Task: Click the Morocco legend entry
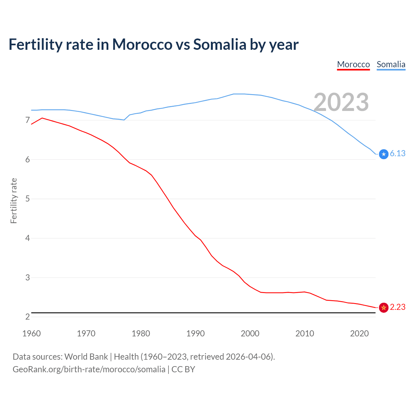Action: (353, 64)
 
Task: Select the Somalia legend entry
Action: (391, 64)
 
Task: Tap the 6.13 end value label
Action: (398, 153)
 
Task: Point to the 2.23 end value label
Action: (398, 307)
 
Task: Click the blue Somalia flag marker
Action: (384, 154)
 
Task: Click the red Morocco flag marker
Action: (384, 308)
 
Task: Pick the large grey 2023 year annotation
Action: (341, 102)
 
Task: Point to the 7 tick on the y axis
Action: (27, 120)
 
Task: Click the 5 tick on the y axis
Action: (27, 199)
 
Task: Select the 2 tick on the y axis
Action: (27, 317)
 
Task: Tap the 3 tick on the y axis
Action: (27, 278)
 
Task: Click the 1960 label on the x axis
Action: (31, 333)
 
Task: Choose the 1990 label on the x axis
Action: (195, 333)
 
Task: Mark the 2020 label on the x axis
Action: (359, 333)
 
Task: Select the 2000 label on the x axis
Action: (250, 333)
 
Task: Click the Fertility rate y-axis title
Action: (14, 201)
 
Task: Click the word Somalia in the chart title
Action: (220, 44)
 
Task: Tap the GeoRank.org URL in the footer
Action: (89, 369)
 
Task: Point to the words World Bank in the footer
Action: (86, 357)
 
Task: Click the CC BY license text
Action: (183, 369)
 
